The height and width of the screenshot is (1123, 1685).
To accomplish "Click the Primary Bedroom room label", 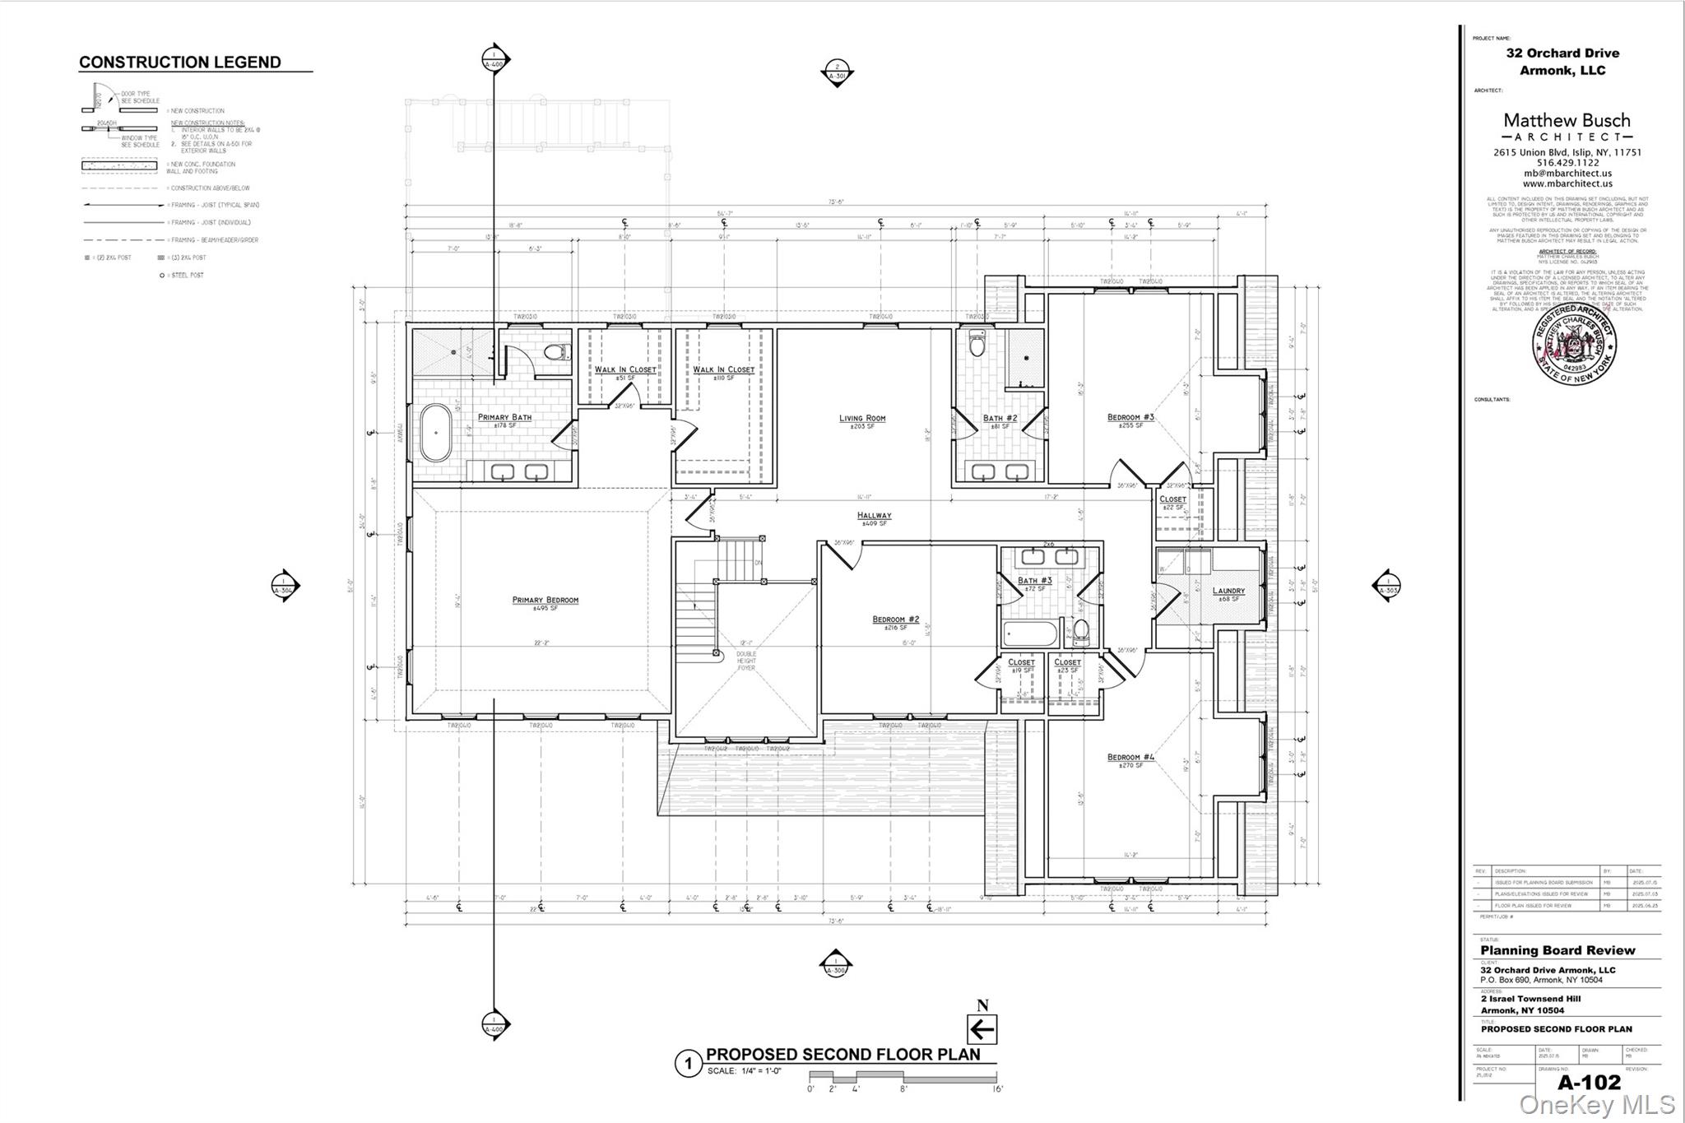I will pos(545,600).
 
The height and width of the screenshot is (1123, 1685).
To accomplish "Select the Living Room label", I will pos(862,418).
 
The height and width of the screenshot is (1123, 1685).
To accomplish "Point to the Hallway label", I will pos(874,516).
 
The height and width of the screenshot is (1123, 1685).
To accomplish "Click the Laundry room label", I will pos(1228,591).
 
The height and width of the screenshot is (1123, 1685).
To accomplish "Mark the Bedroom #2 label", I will pos(895,620).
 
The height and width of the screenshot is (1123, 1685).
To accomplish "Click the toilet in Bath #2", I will pos(977,343).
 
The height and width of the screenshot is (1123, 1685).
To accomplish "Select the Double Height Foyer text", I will pos(745,661).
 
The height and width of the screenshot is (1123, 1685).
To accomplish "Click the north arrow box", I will pos(982,1029).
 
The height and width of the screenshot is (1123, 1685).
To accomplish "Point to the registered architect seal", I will pos(1574,342).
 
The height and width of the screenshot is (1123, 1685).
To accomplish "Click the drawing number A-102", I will pos(1589,1082).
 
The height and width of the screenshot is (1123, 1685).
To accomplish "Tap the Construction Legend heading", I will pos(179,63).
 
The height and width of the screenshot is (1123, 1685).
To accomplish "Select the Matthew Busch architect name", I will pos(1567,120).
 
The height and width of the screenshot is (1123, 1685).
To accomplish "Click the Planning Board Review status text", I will pos(1557,950).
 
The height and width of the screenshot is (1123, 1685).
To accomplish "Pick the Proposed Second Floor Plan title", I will pos(842,1055).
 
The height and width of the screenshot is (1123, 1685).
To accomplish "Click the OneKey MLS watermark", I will pos(1596,1104).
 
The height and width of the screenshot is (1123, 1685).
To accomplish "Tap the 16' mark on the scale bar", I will pos(997,1088).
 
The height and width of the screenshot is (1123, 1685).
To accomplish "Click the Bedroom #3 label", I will pos(1130,417).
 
